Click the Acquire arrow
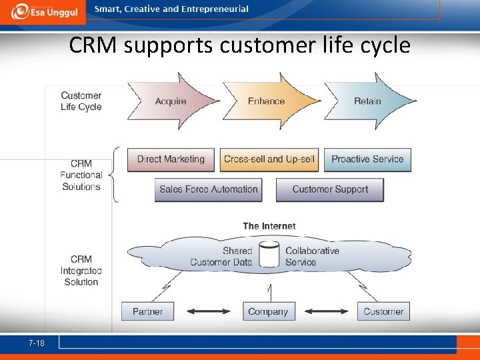171,101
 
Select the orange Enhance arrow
267,101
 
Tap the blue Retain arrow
368,101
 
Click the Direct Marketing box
171,159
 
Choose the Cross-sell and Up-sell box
269,159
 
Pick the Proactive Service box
367,159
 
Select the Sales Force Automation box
208,189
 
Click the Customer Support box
330,189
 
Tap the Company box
268,311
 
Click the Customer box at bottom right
383,311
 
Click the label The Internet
269,227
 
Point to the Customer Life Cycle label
81,101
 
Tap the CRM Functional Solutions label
81,175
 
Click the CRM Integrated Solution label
81,270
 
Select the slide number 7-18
37,343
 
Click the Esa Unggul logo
45,11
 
